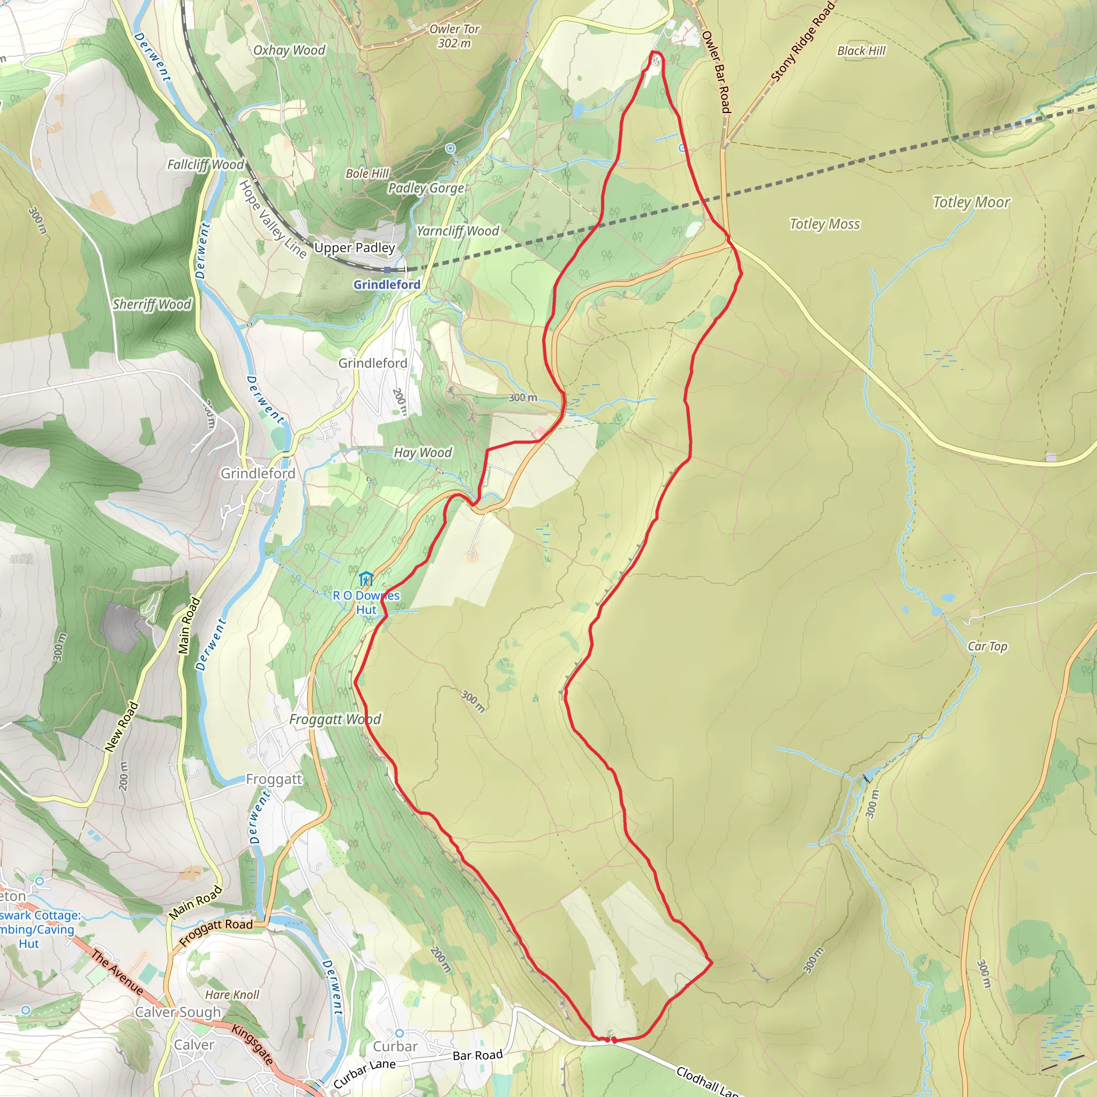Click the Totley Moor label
pos(971,202)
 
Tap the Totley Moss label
pos(824,224)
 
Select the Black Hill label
pos(861,51)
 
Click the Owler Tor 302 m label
pos(454,36)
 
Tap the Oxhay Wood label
pos(289,50)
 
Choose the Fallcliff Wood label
pos(205,164)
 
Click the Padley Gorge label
pos(426,188)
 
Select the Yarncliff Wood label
pos(457,231)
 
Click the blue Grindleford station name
pos(387,284)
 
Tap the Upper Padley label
pos(354,247)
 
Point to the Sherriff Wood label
pos(152,304)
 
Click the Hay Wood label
pos(423,453)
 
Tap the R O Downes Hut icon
pos(366,579)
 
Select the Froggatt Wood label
pos(335,719)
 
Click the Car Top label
pos(987,646)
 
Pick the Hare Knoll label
pos(232,995)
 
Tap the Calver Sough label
pos(178,1012)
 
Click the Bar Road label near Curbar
pos(477,1055)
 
